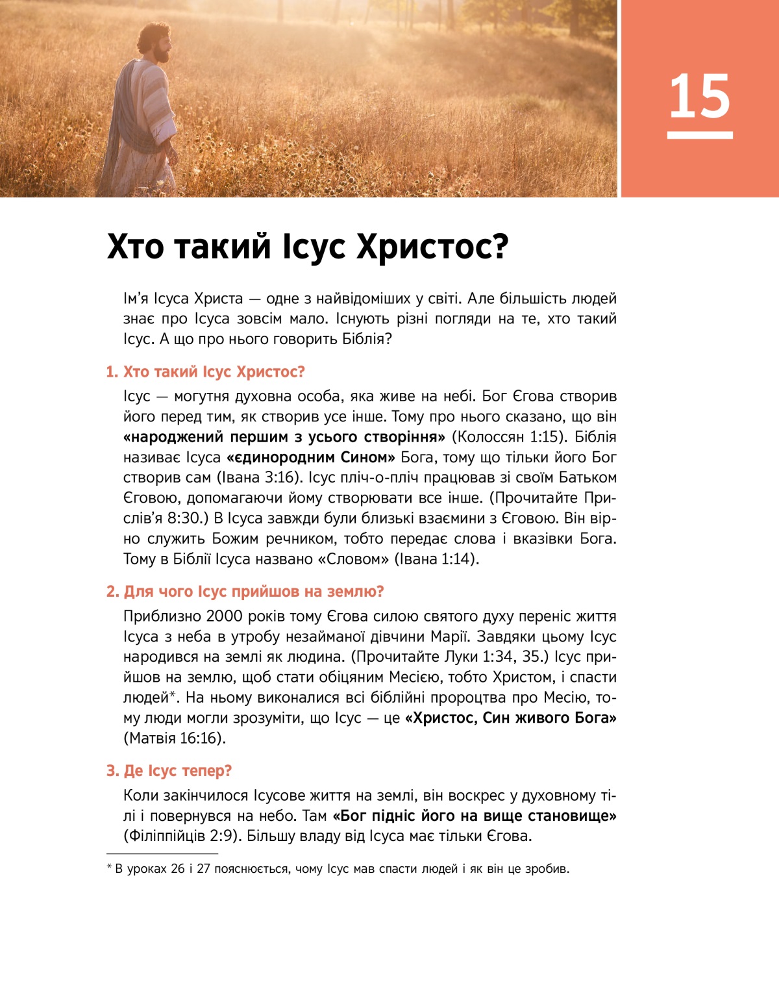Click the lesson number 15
point(700,97)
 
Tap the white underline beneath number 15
point(700,135)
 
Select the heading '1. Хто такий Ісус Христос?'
point(205,372)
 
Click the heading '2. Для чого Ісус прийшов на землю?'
point(245,592)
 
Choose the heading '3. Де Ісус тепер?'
point(169,771)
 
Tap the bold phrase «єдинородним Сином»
point(311,457)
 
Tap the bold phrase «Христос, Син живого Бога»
point(510,718)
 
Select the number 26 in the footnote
point(178,869)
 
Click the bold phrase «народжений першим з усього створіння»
point(284,437)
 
